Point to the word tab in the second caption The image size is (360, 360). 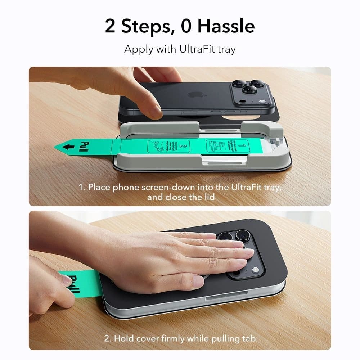[248, 338]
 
